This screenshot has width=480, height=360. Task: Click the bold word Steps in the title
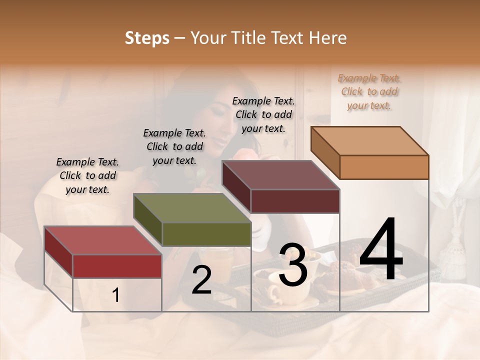pos(147,38)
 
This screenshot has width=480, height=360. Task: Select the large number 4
pos(381,249)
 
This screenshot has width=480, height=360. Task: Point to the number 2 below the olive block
pos(201,280)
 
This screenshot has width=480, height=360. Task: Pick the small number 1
pos(116,295)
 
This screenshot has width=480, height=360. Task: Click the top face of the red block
pos(102,240)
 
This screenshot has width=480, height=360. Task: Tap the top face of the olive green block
pos(191,208)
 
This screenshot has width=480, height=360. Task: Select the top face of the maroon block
pos(280,175)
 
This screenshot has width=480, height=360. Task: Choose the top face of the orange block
pos(369,141)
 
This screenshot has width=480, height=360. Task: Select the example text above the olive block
pos(174,147)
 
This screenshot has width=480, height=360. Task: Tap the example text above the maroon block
pos(263,114)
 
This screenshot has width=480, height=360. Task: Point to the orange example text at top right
pos(369,92)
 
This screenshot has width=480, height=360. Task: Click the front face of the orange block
pos(384,167)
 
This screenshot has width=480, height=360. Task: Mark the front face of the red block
pos(117,266)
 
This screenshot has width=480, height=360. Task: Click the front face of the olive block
pos(206,234)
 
